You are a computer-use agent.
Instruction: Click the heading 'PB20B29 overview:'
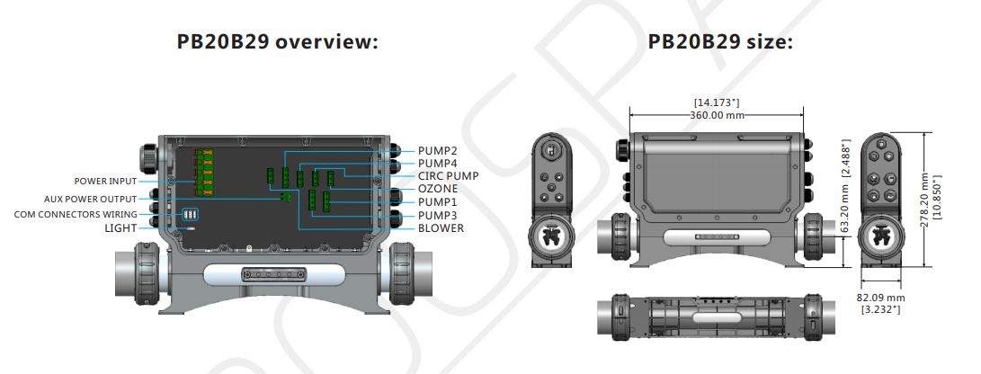276,42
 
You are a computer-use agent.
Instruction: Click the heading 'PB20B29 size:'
720,42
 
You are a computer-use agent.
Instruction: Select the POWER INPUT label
105,182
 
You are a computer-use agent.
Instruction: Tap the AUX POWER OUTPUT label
90,199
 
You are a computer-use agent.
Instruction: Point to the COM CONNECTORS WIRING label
76,214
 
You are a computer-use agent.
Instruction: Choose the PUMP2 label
438,151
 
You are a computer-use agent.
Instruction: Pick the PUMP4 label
438,164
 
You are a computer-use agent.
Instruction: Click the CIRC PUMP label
448,176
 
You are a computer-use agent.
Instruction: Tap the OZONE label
437,189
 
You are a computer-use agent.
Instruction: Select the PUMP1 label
438,202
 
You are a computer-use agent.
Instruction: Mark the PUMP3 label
438,215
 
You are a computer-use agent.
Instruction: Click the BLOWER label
441,228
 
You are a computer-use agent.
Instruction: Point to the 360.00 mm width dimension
717,115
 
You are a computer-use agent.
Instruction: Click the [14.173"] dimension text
717,103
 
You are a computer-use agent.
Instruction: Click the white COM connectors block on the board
191,214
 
